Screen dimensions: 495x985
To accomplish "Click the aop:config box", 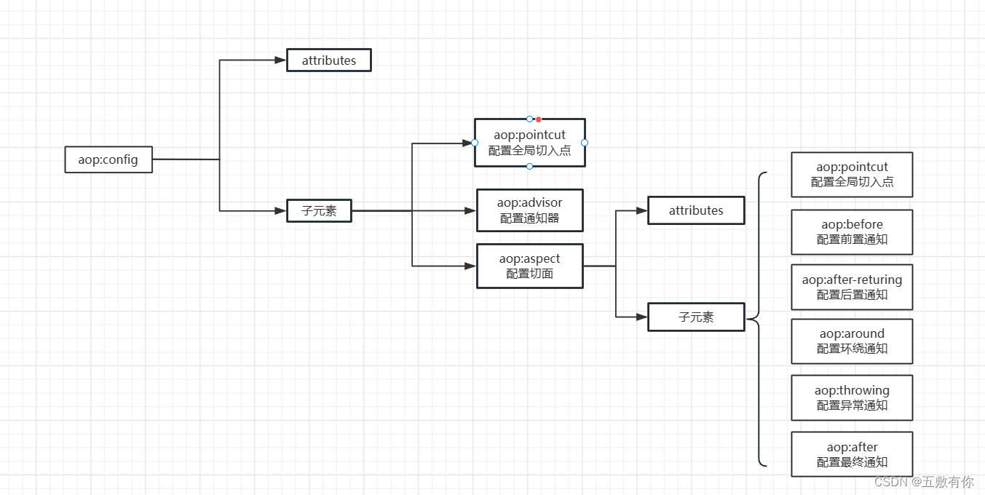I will [x=108, y=159].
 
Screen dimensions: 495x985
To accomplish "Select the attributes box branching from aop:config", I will [x=329, y=60].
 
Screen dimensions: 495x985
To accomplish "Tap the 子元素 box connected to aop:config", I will [x=319, y=211].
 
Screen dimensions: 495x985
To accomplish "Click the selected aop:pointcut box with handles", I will [x=529, y=143].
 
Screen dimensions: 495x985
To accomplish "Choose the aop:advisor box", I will [x=529, y=210].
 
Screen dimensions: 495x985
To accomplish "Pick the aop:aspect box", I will [x=529, y=266].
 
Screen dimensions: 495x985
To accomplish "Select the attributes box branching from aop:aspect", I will [x=696, y=210].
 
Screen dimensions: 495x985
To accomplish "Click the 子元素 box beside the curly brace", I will [x=696, y=317].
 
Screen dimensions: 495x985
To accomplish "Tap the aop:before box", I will [x=852, y=231].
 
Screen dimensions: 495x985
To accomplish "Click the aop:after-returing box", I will [x=852, y=287].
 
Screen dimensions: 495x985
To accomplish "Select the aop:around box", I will [x=852, y=341].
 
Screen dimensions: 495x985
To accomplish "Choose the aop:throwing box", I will [x=852, y=397].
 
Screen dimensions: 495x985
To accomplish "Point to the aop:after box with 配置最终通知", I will [x=852, y=454].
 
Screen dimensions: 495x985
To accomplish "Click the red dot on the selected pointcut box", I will [x=539, y=119].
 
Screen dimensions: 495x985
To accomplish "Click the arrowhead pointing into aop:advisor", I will [x=470, y=211].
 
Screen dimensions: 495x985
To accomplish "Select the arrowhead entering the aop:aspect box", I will [x=470, y=266].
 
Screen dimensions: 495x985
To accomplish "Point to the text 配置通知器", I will [x=529, y=218].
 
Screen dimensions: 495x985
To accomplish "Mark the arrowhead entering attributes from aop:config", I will [x=280, y=60].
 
